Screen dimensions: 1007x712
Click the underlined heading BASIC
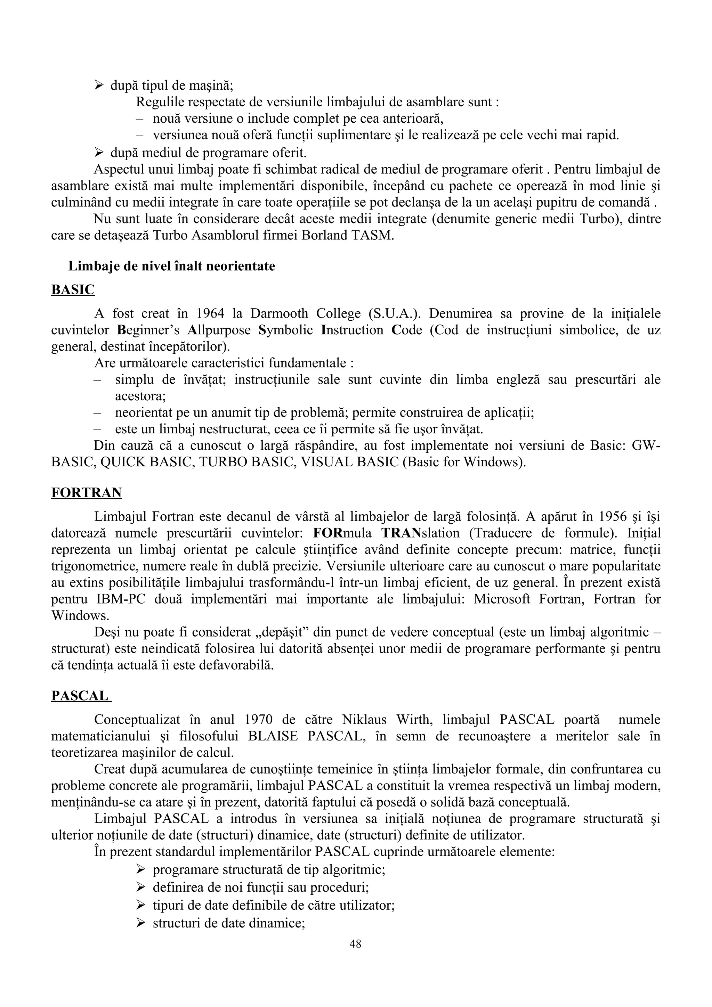pyautogui.click(x=73, y=290)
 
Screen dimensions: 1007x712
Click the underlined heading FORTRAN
pyautogui.click(x=87, y=493)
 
